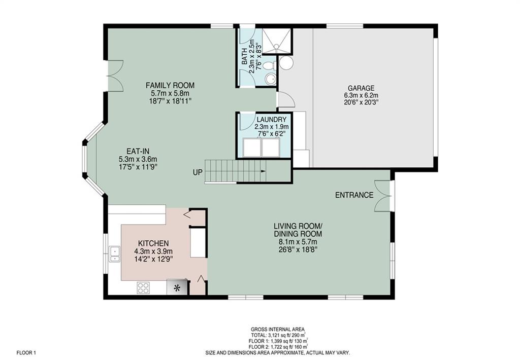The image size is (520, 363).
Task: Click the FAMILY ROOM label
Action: [x=170, y=86]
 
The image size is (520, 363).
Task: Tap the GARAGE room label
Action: [x=361, y=88]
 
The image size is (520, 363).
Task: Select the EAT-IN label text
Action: [x=138, y=152]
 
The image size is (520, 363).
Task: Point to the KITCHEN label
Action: [x=153, y=243]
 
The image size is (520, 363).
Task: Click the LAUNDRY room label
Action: [x=271, y=119]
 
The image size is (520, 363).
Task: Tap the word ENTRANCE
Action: [x=354, y=195]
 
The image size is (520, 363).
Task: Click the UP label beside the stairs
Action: [x=198, y=172]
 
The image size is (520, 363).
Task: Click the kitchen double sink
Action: [x=115, y=254]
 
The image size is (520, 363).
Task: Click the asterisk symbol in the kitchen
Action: [x=177, y=288]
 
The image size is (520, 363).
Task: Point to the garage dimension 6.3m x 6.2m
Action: [x=361, y=95]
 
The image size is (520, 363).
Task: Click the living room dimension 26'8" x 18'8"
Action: [x=298, y=249]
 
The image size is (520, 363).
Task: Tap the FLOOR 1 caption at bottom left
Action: [x=26, y=353]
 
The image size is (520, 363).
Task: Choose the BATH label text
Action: [x=244, y=57]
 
